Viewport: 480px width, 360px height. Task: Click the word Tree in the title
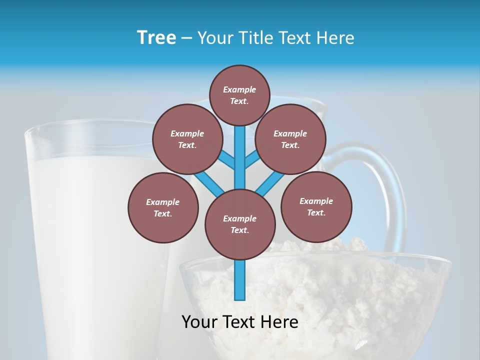pyautogui.click(x=156, y=38)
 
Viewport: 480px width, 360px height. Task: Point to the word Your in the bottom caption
pyautogui.click(x=200, y=322)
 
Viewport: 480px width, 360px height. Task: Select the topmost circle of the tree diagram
pyautogui.click(x=239, y=95)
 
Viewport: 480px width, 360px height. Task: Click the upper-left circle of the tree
pyautogui.click(x=187, y=139)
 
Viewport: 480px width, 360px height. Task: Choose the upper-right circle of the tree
pyautogui.click(x=290, y=139)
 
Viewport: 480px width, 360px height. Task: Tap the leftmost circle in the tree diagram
pyautogui.click(x=163, y=207)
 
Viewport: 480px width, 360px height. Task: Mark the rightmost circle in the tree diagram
pyautogui.click(x=316, y=206)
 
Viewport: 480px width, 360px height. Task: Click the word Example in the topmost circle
pyautogui.click(x=239, y=89)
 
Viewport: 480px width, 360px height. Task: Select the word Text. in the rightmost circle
pyautogui.click(x=316, y=212)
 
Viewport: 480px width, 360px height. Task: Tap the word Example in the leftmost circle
pyautogui.click(x=163, y=202)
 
